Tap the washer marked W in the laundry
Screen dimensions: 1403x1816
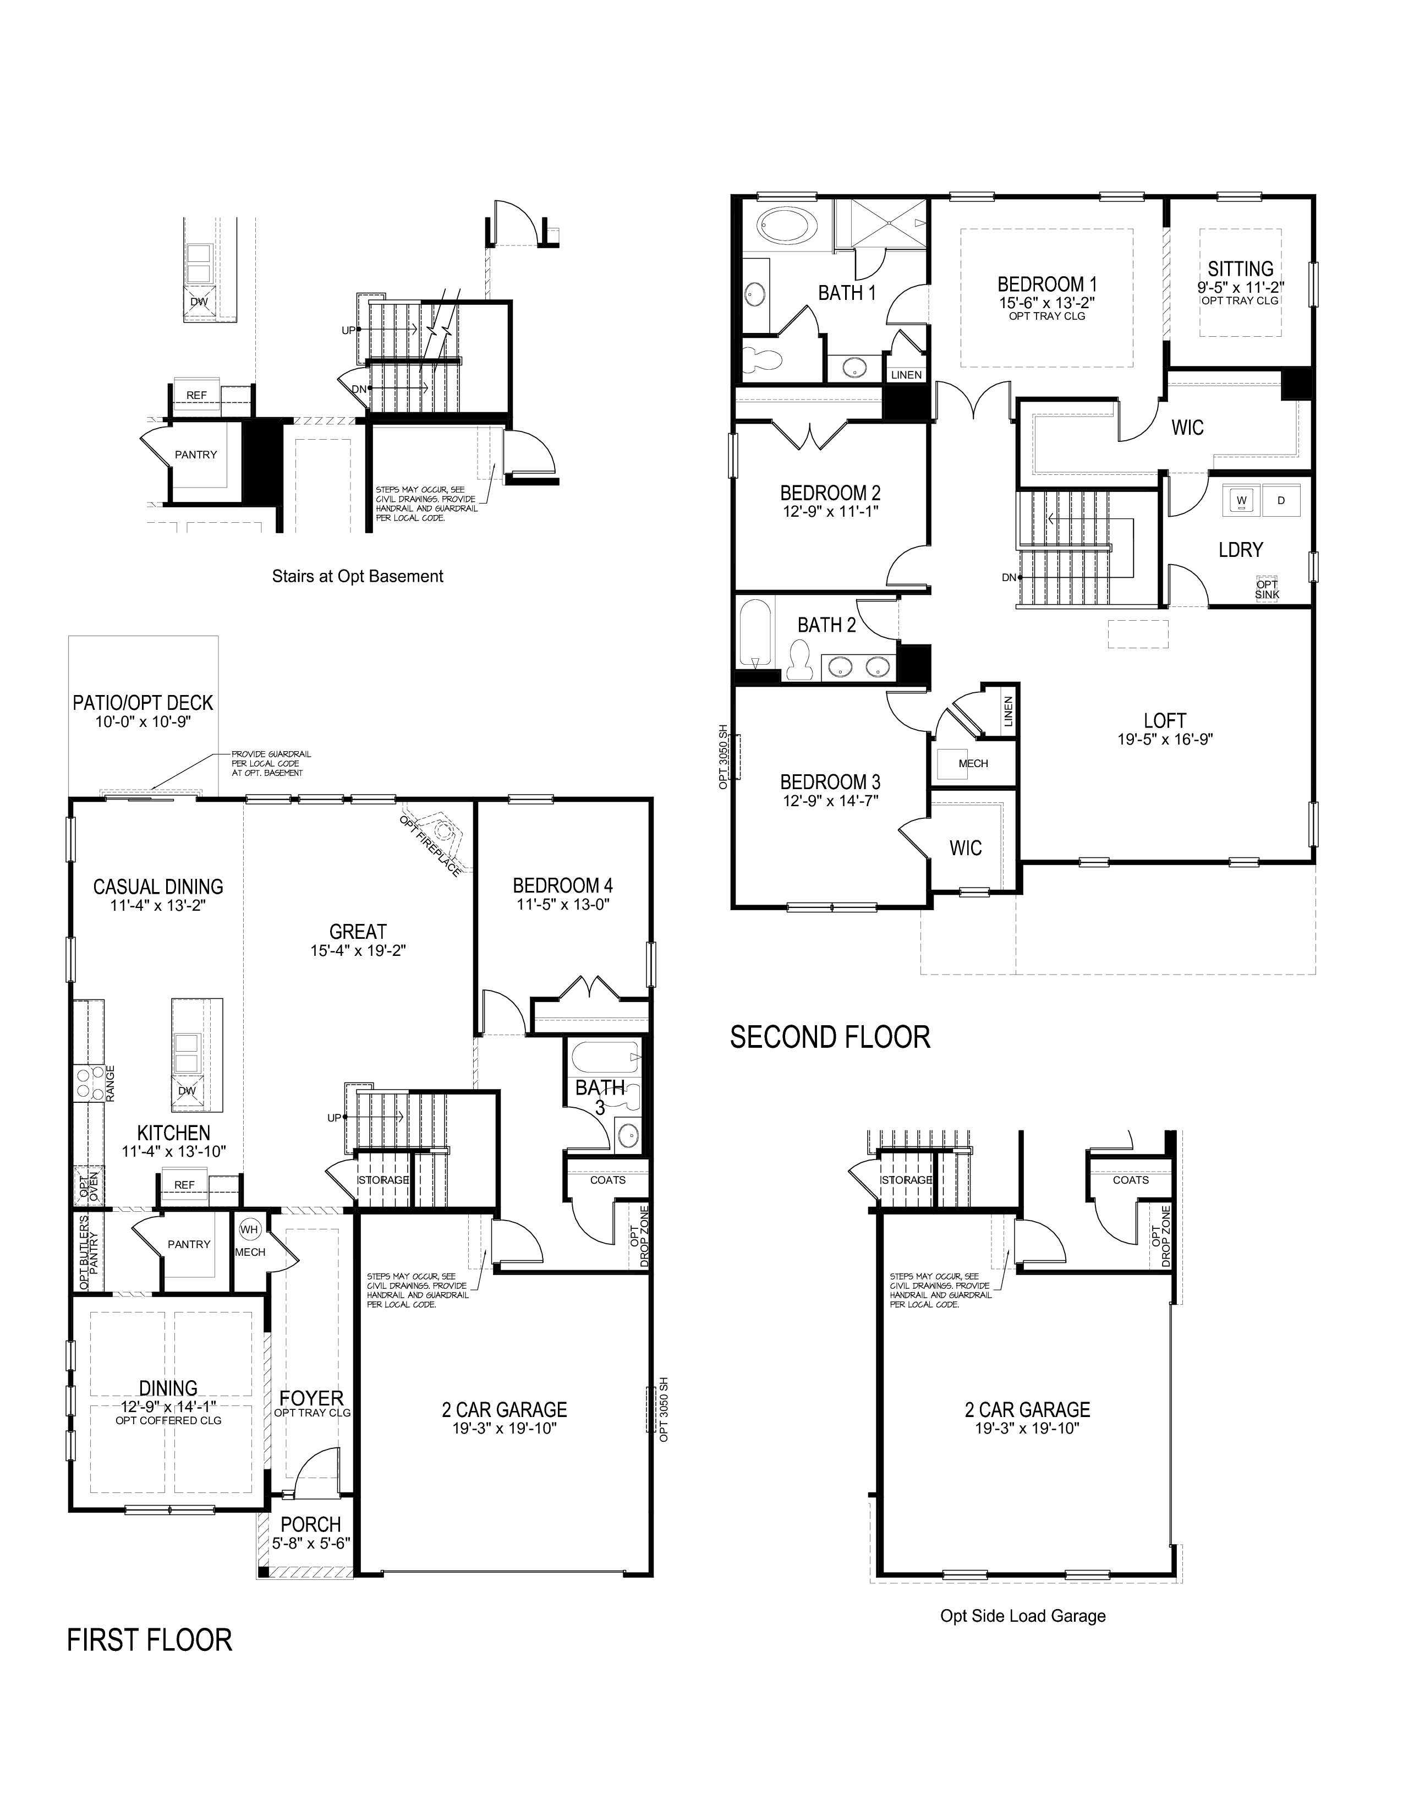(x=1242, y=500)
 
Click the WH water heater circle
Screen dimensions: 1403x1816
(x=249, y=1229)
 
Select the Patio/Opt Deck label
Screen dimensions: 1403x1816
(x=143, y=703)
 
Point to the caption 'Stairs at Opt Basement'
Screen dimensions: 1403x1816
(x=358, y=576)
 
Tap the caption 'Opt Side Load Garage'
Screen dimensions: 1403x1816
(x=1022, y=1616)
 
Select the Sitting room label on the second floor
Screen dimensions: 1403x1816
(x=1240, y=269)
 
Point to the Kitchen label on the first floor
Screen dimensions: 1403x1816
(x=174, y=1133)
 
